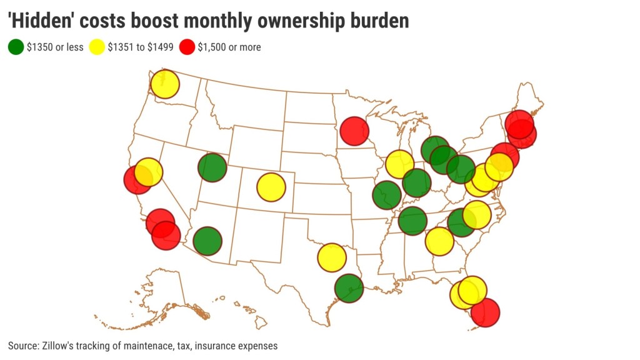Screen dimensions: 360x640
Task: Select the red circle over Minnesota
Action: [x=354, y=131]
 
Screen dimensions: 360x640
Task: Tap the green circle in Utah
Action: [x=212, y=167]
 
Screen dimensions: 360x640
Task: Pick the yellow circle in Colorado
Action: [x=271, y=187]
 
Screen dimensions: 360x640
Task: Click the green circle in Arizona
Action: [x=207, y=241]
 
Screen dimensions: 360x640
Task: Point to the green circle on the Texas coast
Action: [x=349, y=288]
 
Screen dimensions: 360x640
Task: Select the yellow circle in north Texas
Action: [x=332, y=257]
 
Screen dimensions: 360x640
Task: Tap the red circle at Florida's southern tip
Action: [x=486, y=312]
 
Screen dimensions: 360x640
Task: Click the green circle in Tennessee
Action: [x=412, y=221]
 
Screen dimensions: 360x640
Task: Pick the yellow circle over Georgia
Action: [x=439, y=241]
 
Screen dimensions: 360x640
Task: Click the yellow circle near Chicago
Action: [x=400, y=164]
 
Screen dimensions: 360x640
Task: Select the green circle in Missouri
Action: [x=387, y=195]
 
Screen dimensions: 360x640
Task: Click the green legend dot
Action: [x=16, y=47]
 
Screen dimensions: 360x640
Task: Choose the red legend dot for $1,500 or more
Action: [x=187, y=47]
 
